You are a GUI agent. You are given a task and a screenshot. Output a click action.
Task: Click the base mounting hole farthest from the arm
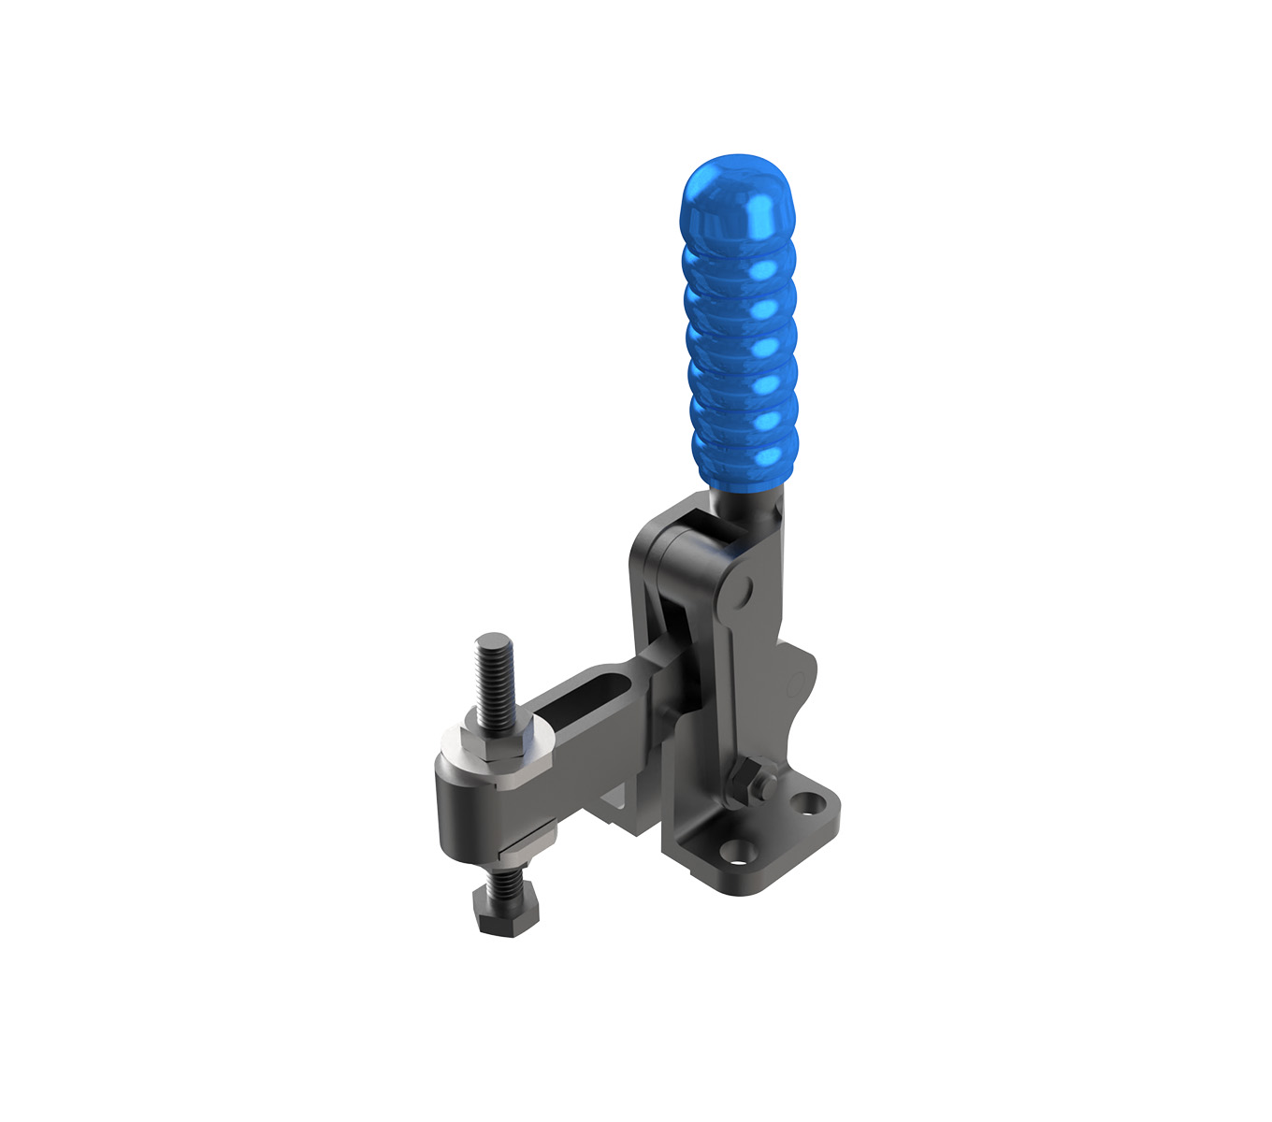807,802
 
